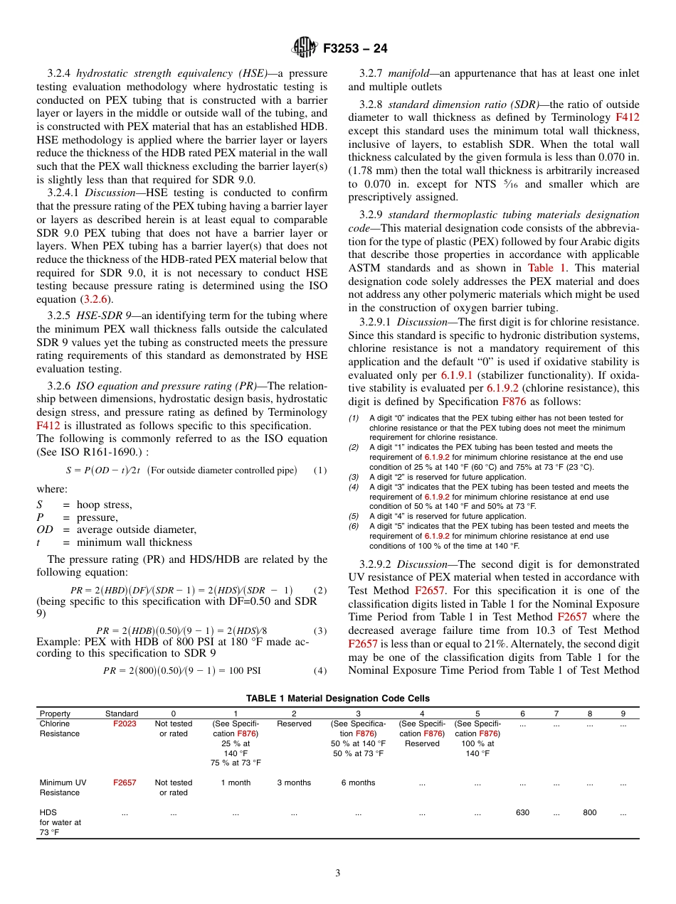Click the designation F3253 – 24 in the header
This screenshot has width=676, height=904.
[x=355, y=49]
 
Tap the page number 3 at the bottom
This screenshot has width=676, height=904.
[x=338, y=873]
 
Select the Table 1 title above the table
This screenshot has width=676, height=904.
[x=338, y=699]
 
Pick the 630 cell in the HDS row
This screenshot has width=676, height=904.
[x=522, y=812]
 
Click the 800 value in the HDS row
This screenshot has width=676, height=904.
[x=590, y=812]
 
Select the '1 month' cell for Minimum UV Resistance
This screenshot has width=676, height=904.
[x=236, y=782]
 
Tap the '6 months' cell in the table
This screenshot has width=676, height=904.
[x=358, y=782]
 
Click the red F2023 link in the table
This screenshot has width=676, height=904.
[x=125, y=723]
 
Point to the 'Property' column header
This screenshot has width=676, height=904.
[x=55, y=714]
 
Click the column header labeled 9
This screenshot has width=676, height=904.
[x=623, y=714]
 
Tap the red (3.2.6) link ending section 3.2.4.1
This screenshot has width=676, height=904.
[x=99, y=299]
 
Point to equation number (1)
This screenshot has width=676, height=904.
[x=319, y=470]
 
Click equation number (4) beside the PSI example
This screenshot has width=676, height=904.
[x=319, y=669]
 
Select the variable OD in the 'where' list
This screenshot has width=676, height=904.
[x=46, y=529]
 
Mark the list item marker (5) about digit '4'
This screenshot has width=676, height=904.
[x=354, y=517]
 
